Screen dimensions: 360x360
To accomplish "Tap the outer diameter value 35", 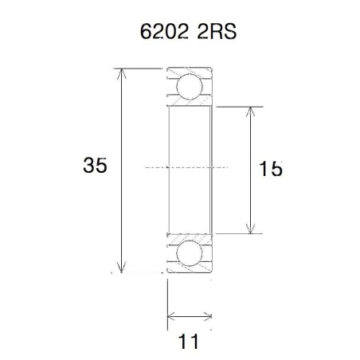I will [x=96, y=166].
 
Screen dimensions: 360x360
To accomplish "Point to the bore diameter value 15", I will [x=272, y=169].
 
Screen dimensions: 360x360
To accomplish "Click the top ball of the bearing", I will [x=189, y=85].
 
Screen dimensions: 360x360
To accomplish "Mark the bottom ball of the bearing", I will [x=189, y=255].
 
